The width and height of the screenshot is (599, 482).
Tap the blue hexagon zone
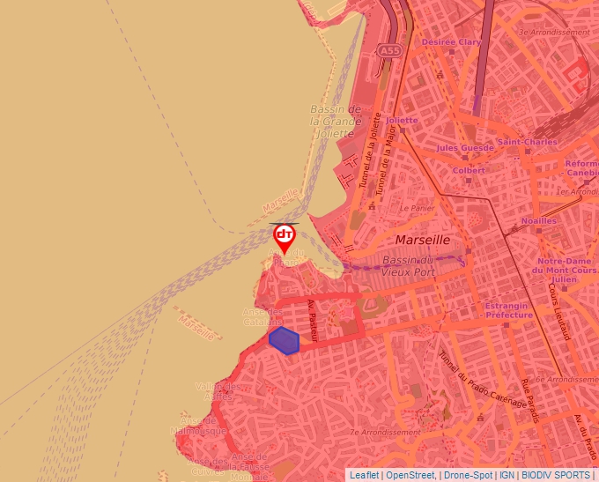284,339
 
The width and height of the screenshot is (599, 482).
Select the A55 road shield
389,52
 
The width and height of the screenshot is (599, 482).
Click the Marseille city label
423,240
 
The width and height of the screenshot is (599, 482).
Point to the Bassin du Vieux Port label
409,267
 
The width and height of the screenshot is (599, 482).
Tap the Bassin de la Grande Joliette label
336,121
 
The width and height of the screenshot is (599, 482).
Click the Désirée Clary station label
451,41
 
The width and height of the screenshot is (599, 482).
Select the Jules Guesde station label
465,148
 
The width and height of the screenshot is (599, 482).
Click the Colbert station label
469,170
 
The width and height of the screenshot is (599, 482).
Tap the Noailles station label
539,220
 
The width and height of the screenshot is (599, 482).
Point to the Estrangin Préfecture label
508,310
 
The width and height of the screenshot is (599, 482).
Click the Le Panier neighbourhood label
418,209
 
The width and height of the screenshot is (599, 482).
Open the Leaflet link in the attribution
364,474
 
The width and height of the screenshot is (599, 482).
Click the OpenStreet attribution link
411,474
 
